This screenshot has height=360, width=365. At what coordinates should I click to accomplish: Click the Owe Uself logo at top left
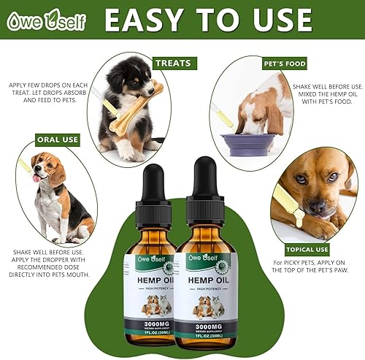click(46, 20)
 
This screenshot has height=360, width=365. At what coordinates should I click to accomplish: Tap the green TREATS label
click(174, 64)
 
